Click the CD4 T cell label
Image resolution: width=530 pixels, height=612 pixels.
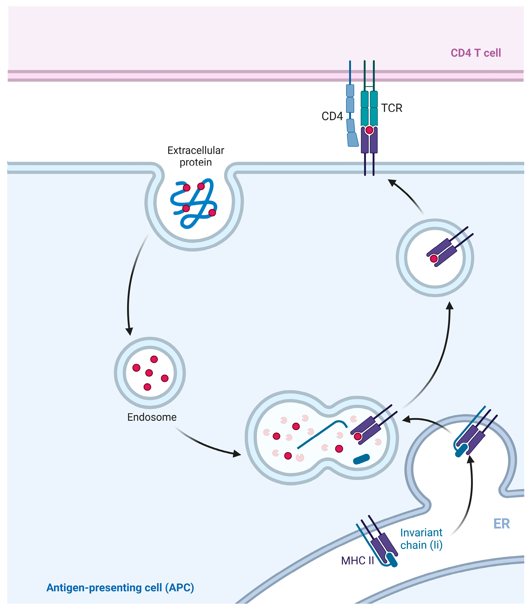click(476, 53)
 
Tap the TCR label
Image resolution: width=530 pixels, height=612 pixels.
click(392, 108)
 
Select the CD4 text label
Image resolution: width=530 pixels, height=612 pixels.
click(332, 116)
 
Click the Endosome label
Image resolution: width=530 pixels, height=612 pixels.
click(152, 417)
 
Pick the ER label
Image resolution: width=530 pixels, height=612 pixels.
click(502, 524)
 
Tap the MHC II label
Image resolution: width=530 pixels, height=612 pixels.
click(357, 560)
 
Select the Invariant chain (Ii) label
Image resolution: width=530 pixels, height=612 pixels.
click(421, 539)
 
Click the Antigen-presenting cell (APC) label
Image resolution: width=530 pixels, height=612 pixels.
click(120, 588)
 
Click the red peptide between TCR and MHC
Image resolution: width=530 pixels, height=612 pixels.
click(369, 130)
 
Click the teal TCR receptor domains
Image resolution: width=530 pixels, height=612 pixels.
click(369, 108)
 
